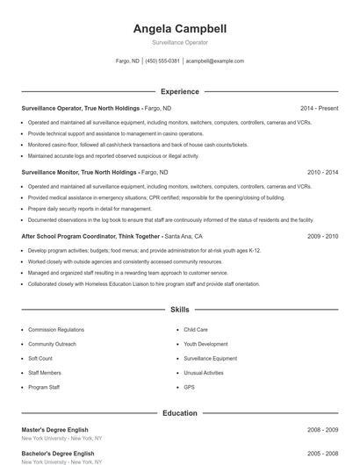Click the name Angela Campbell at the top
[x=179, y=28]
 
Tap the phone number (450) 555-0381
[x=162, y=61]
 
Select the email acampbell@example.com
[x=215, y=61]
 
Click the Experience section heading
[x=179, y=91]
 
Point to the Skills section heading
[x=179, y=310]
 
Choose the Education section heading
[x=179, y=412]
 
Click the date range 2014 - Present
[x=319, y=109]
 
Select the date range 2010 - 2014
[x=322, y=173]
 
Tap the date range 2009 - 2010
[x=322, y=237]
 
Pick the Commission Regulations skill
[x=56, y=330]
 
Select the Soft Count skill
[x=40, y=359]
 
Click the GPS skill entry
[x=189, y=387]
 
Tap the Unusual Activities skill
[x=204, y=373]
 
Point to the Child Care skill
[x=196, y=330]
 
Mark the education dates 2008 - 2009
[x=322, y=430]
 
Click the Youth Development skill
[x=205, y=344]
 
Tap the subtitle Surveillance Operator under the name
[x=179, y=42]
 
